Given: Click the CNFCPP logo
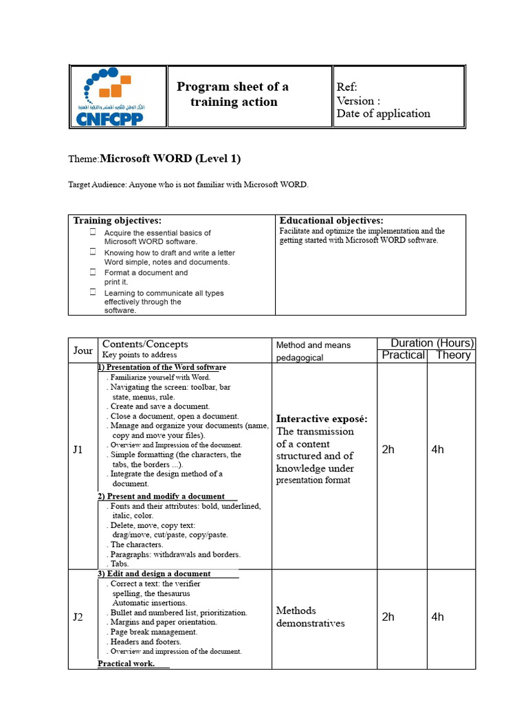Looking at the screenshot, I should tap(118, 97).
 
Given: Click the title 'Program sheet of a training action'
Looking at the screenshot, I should tap(233, 94).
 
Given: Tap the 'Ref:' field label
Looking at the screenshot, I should tap(346, 87).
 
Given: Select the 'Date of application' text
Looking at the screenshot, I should tap(383, 113).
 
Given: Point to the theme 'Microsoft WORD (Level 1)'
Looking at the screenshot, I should tap(170, 159).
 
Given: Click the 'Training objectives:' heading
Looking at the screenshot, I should tap(118, 221).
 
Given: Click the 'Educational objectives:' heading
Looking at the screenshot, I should tap(331, 221).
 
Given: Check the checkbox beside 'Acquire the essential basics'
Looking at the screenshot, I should tap(92, 232).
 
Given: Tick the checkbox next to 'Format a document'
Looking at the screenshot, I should tap(92, 272).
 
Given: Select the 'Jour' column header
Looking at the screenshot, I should tap(83, 351).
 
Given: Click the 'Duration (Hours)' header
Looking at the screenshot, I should tap(432, 342).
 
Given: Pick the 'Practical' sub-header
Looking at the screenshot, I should tap(403, 355).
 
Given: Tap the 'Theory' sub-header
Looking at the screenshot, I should tap(453, 355).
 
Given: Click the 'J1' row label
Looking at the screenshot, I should tap(78, 450).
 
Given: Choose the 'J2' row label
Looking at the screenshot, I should tap(78, 617).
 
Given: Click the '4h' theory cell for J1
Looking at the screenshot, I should tap(438, 450).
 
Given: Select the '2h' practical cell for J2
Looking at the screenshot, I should tap(388, 617).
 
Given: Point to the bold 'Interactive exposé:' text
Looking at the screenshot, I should tap(322, 419).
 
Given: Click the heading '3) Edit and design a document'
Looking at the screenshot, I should tap(154, 573).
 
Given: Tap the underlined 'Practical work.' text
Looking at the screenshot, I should tap(126, 663).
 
